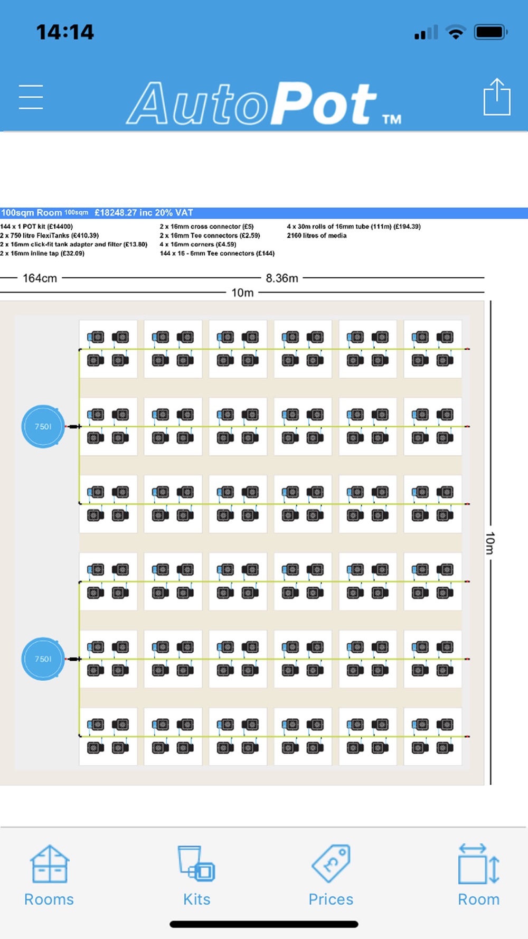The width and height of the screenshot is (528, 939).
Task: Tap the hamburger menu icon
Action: [x=31, y=97]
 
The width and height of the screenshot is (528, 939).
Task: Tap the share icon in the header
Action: [x=497, y=96]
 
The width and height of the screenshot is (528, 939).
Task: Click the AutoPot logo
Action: [x=263, y=104]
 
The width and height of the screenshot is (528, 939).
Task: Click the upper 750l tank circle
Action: [x=43, y=426]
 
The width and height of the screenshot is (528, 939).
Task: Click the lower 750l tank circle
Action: [x=43, y=659]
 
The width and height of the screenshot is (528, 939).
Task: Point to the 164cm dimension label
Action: [x=40, y=278]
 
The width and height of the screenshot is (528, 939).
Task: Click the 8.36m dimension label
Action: [x=282, y=278]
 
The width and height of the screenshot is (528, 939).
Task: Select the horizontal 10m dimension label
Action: [x=242, y=293]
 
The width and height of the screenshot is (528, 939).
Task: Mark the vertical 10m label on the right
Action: [x=490, y=543]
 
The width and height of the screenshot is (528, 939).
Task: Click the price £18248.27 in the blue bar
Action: [x=117, y=213]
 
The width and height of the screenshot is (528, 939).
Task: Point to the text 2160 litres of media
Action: [x=317, y=236]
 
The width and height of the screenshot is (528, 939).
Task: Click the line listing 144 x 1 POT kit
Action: [x=36, y=227]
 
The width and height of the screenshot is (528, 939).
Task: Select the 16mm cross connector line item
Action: [x=206, y=227]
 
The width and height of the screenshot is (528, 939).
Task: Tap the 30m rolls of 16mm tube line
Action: [x=354, y=227]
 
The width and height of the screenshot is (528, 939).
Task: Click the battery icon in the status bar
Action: [x=491, y=32]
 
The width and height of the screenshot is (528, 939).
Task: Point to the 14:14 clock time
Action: [x=65, y=32]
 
